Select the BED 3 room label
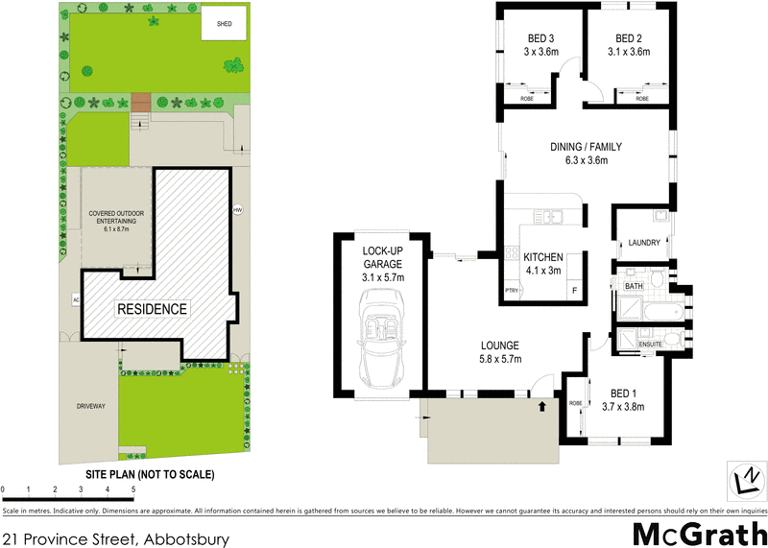(x=540, y=38)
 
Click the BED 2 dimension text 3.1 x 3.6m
(x=629, y=52)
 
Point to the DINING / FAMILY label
(x=587, y=147)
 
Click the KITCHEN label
(x=543, y=256)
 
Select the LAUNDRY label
(x=643, y=243)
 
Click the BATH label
(x=634, y=286)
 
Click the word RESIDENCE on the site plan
(x=153, y=309)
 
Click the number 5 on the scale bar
(x=132, y=490)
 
